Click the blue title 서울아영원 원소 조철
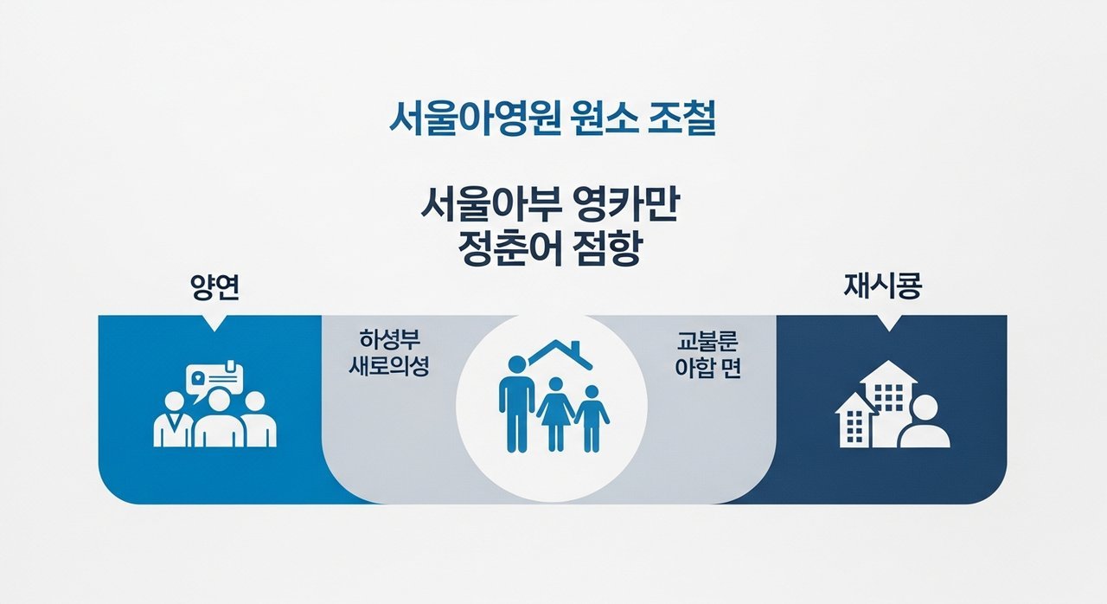tap(553, 119)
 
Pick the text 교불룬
tap(709, 338)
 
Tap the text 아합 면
tap(708, 366)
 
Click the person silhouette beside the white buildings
tap(924, 424)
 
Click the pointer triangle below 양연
tap(214, 323)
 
